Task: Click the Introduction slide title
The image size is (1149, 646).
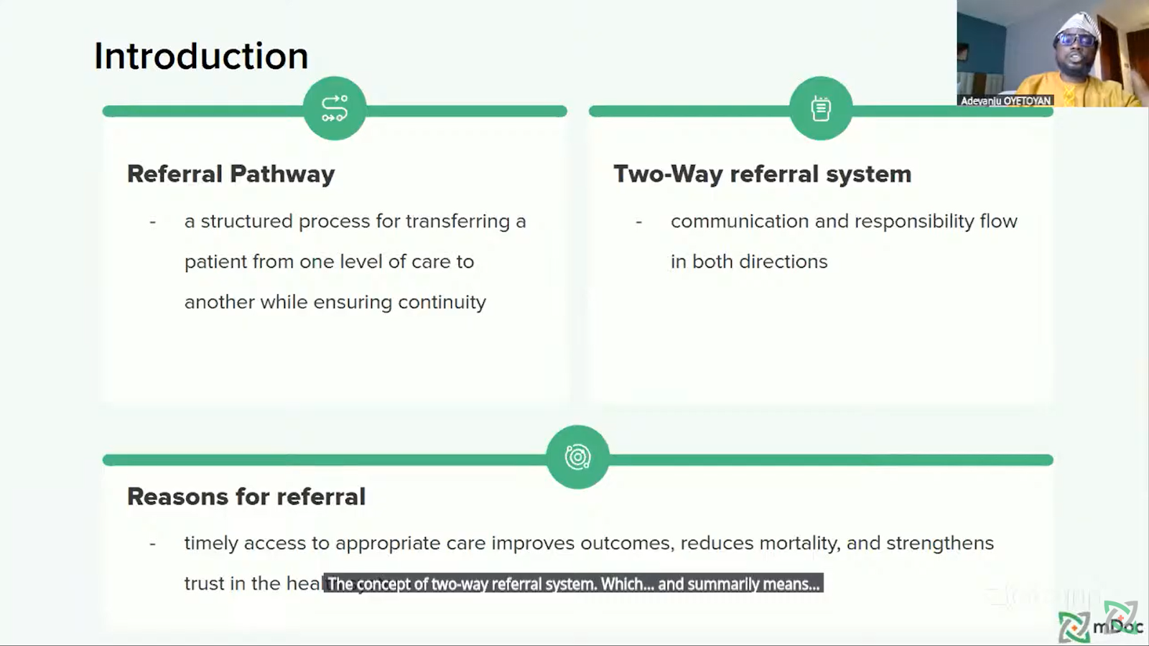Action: click(201, 56)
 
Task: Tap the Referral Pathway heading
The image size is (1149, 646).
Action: click(231, 174)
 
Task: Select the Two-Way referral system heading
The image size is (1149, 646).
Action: click(762, 174)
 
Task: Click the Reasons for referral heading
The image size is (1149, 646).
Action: click(246, 497)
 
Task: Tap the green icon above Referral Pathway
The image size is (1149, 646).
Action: click(335, 108)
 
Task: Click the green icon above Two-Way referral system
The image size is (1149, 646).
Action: click(821, 108)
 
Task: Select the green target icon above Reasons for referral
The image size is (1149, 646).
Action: click(577, 457)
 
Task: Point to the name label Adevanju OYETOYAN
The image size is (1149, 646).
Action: click(1005, 100)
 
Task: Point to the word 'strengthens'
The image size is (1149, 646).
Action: click(940, 543)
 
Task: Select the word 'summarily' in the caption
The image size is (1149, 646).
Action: click(723, 584)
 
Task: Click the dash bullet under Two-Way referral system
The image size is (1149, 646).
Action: click(638, 222)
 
